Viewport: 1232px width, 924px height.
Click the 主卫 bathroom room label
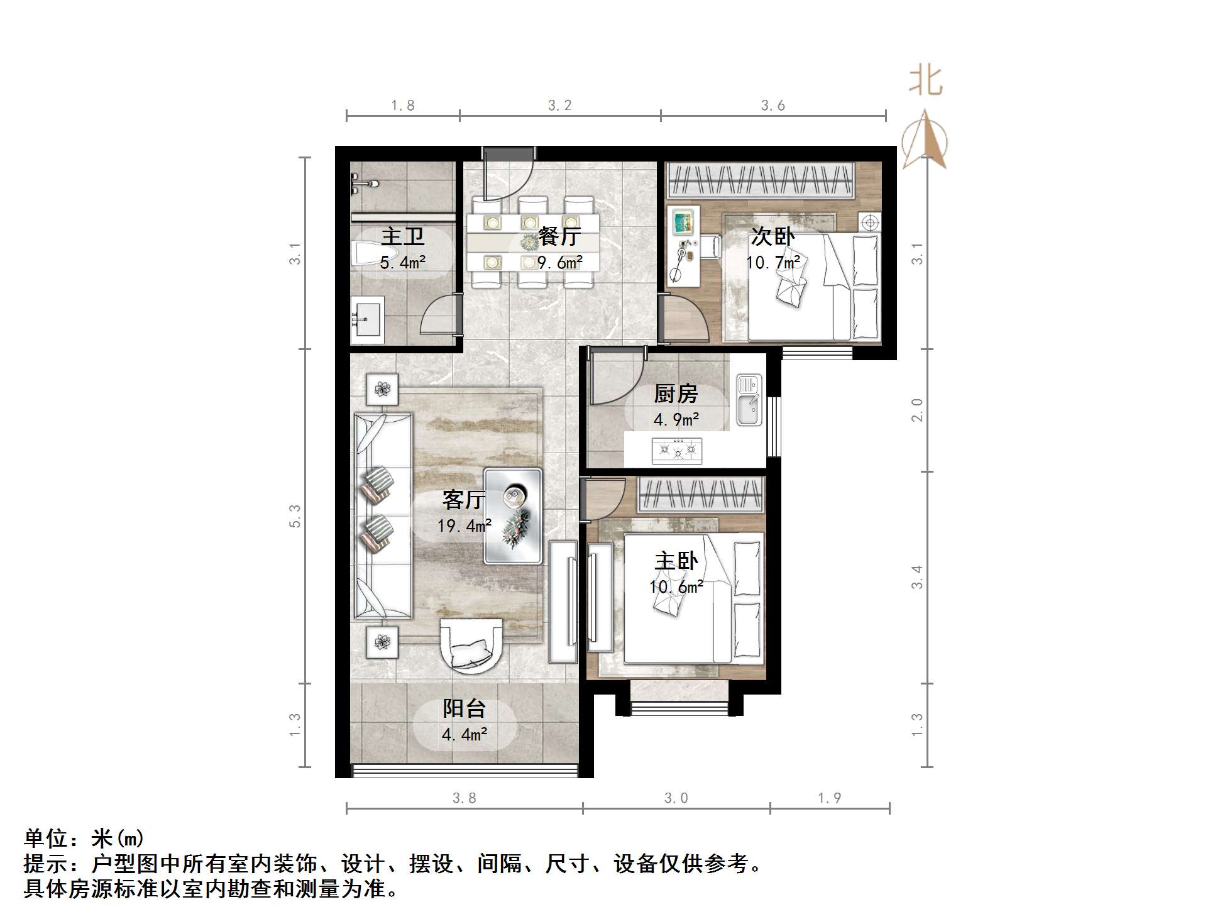(x=403, y=237)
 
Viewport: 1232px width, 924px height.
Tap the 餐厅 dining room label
(x=559, y=237)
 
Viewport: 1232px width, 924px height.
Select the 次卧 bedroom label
(x=773, y=237)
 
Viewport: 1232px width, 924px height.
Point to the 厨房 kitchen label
(x=676, y=394)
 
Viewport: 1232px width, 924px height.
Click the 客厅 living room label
(x=464, y=500)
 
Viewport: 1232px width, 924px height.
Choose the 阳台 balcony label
(x=464, y=708)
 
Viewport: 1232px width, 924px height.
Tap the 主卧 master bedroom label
(x=676, y=561)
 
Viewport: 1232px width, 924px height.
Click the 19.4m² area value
(x=464, y=525)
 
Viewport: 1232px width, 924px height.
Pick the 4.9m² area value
(x=676, y=419)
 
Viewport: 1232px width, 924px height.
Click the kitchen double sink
(x=749, y=400)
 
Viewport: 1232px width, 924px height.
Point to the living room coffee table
(x=512, y=515)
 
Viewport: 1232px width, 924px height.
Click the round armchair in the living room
(x=471, y=645)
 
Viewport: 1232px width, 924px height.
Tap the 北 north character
(x=925, y=82)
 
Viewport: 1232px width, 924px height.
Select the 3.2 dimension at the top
(x=559, y=106)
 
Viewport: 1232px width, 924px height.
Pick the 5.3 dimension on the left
(x=295, y=516)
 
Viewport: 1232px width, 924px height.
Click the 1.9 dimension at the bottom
(x=829, y=798)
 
